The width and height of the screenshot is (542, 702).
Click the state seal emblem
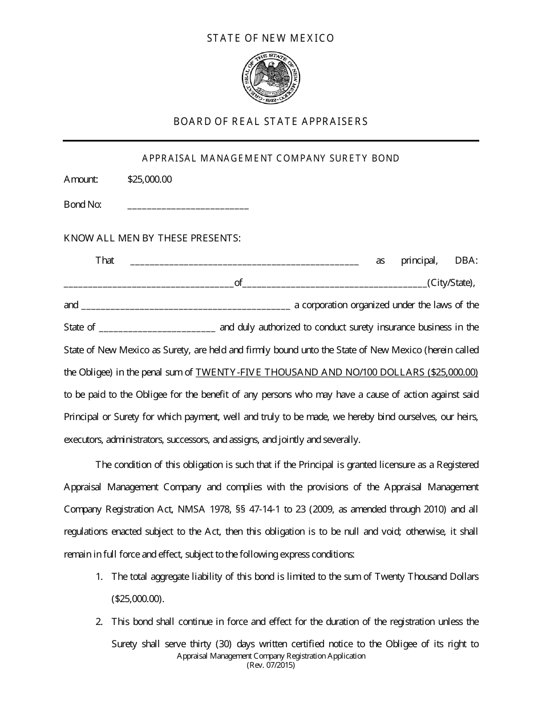270,79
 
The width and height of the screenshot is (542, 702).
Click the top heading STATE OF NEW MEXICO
270,38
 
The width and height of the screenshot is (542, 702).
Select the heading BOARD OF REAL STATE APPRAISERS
270,122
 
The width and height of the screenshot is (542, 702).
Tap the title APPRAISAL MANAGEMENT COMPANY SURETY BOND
270,158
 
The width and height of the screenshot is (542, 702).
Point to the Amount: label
81,180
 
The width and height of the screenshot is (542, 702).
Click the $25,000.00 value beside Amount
149,180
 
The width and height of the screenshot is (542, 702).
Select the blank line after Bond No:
188,206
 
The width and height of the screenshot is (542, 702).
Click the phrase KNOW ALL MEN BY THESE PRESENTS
152,238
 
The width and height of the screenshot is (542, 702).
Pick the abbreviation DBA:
466,261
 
